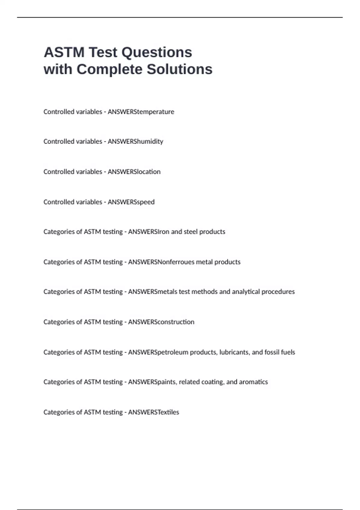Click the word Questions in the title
pos(157,52)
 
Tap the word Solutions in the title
pos(179,69)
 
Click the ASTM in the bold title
pos(64,52)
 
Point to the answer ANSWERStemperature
pos(141,112)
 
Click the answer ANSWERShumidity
pos(135,142)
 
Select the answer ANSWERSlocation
pos(134,172)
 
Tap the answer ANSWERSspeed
pos(131,202)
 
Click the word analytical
pos(246,292)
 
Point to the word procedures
pos(278,292)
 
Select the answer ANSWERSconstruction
pos(161,322)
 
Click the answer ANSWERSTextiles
pos(153,412)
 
